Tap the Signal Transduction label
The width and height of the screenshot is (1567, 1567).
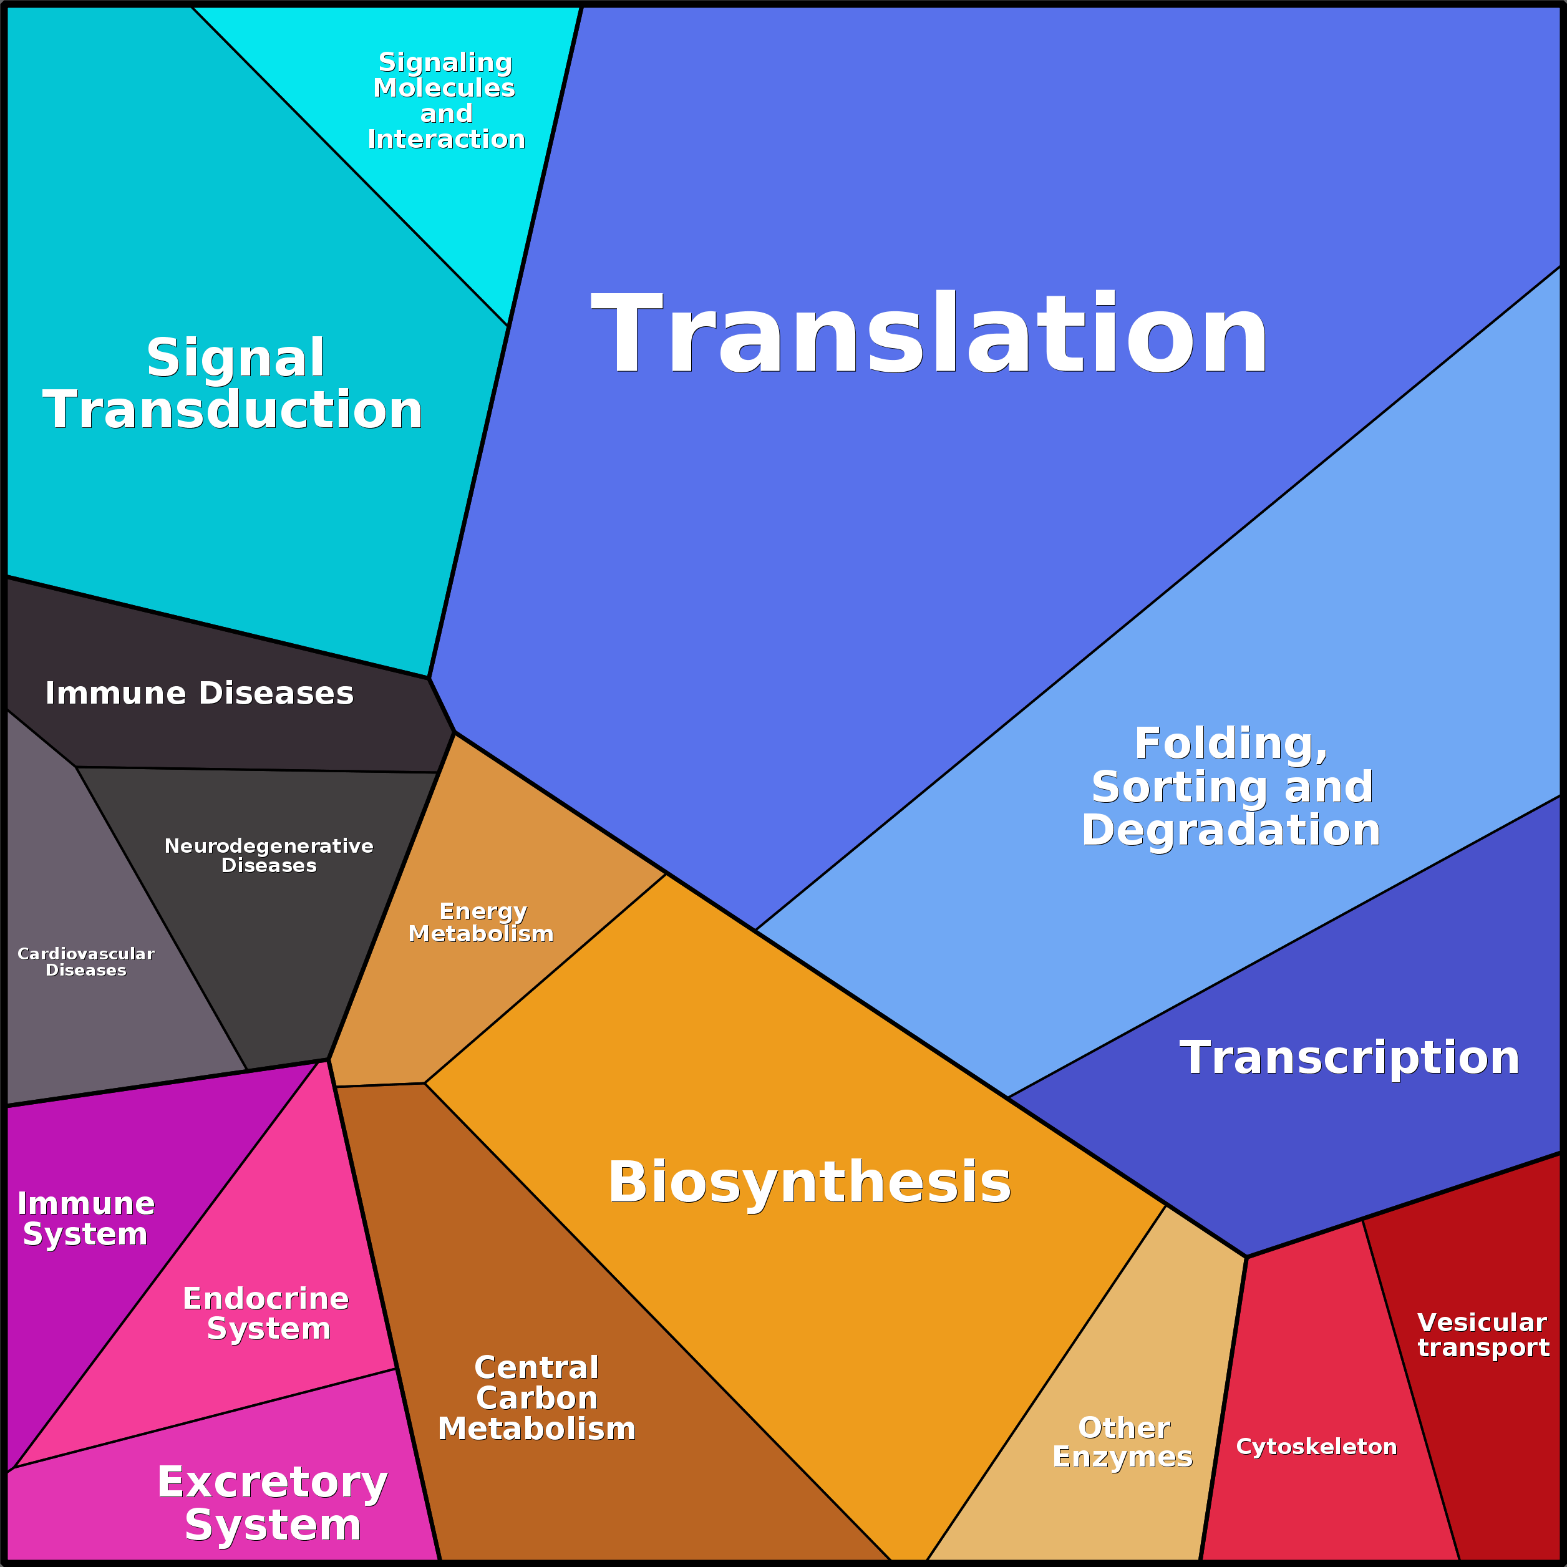(x=233, y=384)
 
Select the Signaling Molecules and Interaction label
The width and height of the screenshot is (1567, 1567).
(x=446, y=100)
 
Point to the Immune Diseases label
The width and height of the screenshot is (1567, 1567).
(x=200, y=694)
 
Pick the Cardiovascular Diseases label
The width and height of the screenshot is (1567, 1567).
(x=86, y=962)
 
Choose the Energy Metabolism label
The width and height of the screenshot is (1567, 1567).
(x=482, y=923)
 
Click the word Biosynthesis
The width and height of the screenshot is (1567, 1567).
(x=810, y=1183)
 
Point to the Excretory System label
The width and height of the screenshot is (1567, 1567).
(x=273, y=1504)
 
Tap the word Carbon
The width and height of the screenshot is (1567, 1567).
(x=537, y=1399)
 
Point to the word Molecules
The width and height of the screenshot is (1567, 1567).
(x=445, y=87)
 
